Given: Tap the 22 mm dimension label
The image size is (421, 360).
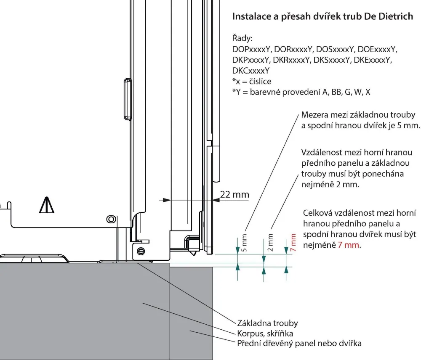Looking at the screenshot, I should tap(234, 194).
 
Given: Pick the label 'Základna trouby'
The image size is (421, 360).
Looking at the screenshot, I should tap(267, 323).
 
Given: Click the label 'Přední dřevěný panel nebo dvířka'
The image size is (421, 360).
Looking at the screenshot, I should tap(299, 343).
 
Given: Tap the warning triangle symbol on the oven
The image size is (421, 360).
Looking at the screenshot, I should tap(47, 205).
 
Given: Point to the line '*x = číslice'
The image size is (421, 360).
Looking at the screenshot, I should tap(252, 81).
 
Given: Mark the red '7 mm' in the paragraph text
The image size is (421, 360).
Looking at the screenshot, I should tap(349, 245).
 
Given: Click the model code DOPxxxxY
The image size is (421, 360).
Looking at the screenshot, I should tap(251, 49).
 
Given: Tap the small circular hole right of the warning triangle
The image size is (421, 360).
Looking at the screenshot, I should tap(110, 219).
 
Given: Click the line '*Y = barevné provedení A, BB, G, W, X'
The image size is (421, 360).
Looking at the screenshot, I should tap(301, 92).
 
